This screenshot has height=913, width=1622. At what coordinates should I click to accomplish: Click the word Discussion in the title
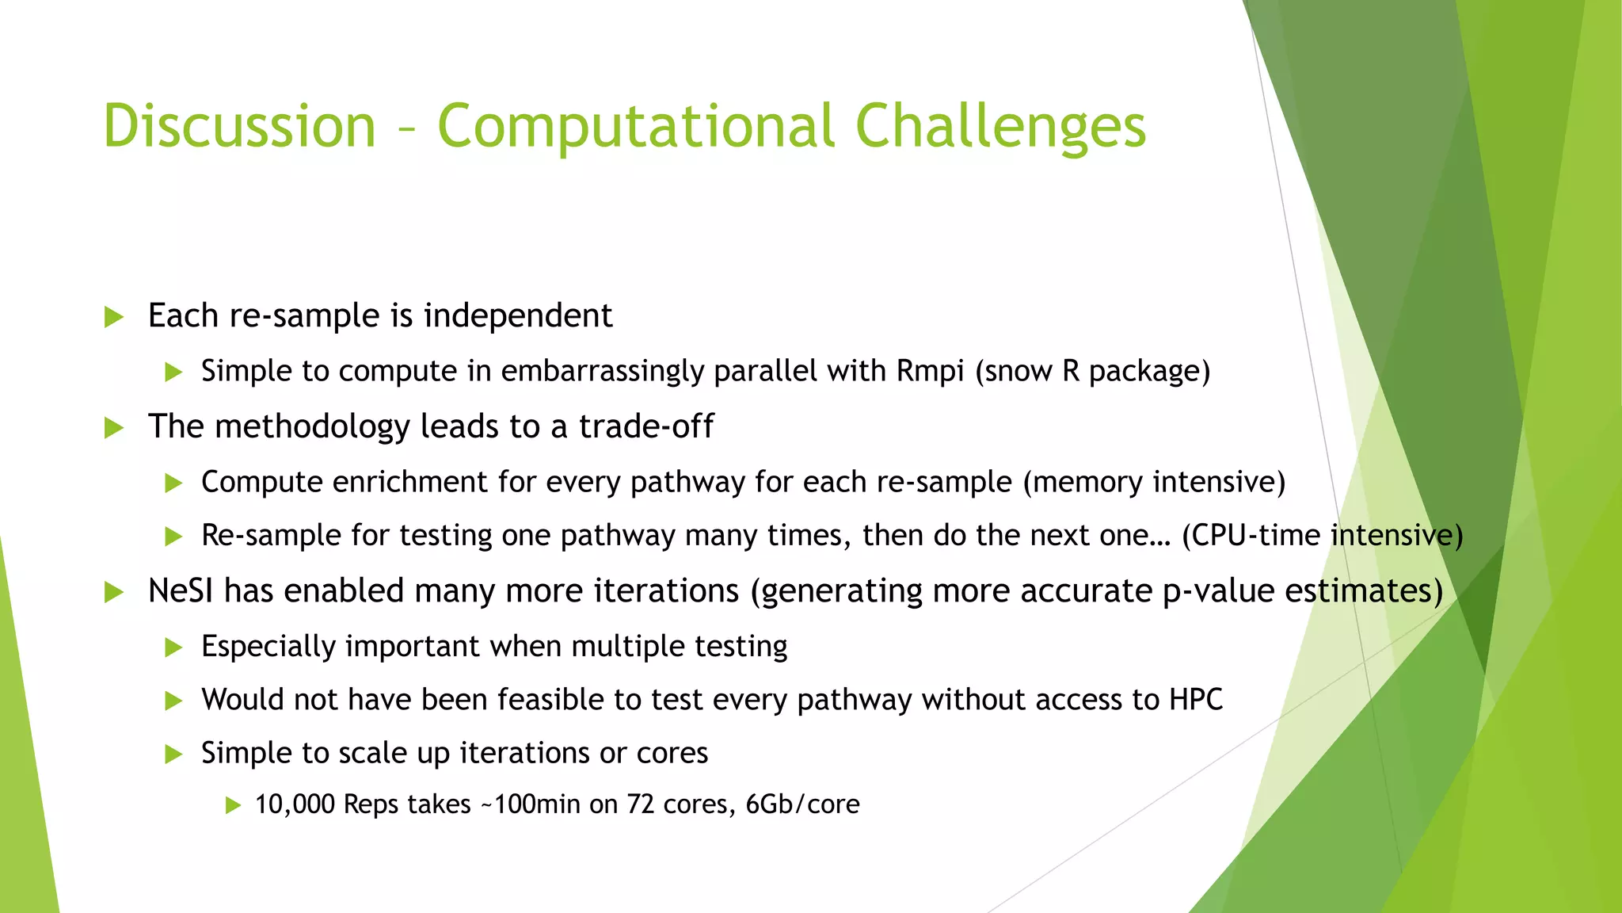tap(239, 127)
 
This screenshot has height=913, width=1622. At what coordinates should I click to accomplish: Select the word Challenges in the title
tap(1000, 127)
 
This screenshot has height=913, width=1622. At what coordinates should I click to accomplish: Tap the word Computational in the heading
tap(636, 127)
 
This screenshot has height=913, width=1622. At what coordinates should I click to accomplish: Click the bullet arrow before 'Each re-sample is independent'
tap(114, 318)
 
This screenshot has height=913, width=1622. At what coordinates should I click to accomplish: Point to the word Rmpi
tap(930, 371)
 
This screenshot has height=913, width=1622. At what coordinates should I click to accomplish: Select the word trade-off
tap(645, 426)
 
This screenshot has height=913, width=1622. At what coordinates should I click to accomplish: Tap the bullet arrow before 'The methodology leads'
tap(114, 429)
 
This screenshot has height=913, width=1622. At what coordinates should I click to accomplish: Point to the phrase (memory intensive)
tap(1154, 482)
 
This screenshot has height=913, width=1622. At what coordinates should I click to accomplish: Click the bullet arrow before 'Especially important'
tap(173, 648)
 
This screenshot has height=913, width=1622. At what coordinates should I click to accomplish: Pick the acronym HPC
tap(1196, 700)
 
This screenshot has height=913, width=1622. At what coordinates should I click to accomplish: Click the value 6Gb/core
tap(802, 804)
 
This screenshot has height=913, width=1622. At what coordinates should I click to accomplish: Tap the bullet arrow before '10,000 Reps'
tap(232, 806)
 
